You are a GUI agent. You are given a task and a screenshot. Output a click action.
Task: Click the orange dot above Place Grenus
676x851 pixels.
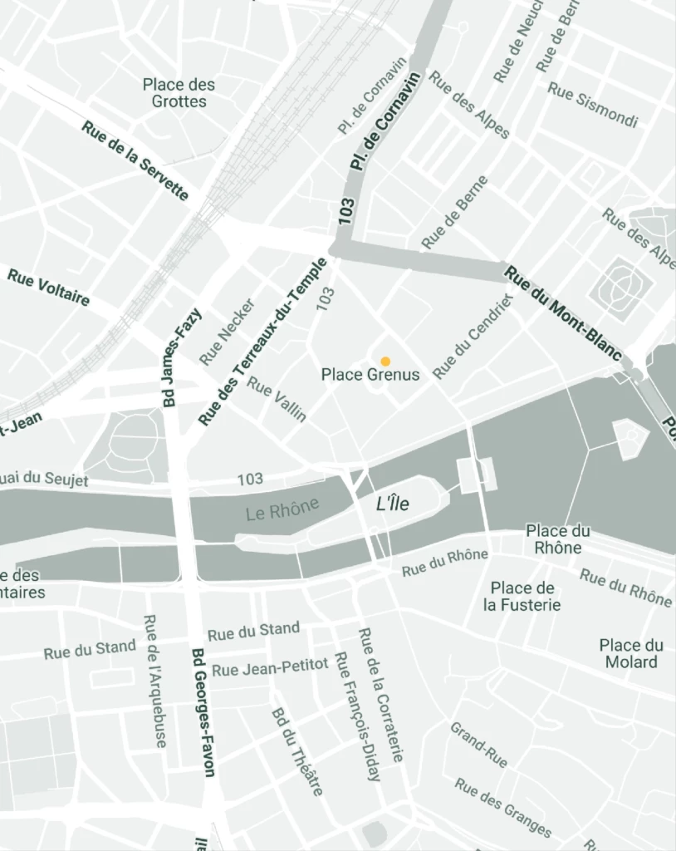pyautogui.click(x=385, y=361)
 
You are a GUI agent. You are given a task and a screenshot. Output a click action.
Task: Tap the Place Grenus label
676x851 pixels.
pyautogui.click(x=370, y=375)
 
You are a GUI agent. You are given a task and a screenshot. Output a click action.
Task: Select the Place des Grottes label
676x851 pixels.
pyautogui.click(x=179, y=93)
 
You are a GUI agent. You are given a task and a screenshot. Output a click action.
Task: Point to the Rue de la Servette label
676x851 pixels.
pyautogui.click(x=135, y=160)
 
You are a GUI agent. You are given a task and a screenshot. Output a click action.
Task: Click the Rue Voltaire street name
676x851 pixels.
pyautogui.click(x=48, y=287)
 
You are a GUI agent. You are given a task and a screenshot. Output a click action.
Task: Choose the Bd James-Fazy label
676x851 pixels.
pyautogui.click(x=182, y=357)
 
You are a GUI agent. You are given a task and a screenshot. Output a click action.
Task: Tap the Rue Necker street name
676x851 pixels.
pyautogui.click(x=227, y=332)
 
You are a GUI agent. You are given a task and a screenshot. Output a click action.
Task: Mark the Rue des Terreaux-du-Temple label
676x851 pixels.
pyautogui.click(x=263, y=342)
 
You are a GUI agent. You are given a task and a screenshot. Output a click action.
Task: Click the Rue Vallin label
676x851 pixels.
pyautogui.click(x=277, y=400)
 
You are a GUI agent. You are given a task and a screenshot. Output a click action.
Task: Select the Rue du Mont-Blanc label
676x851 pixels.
pyautogui.click(x=563, y=312)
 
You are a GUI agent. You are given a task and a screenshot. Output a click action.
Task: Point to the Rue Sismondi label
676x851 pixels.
pyautogui.click(x=593, y=105)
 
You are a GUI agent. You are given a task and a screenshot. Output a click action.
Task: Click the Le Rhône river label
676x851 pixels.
pyautogui.click(x=282, y=510)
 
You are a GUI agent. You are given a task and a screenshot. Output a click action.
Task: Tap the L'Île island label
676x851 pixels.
pyautogui.click(x=393, y=504)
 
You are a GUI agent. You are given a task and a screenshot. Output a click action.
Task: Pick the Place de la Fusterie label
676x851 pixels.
pyautogui.click(x=522, y=597)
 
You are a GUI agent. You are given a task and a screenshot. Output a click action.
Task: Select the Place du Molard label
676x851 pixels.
pyautogui.click(x=631, y=653)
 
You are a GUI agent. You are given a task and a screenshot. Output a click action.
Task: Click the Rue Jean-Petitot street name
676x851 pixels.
pyautogui.click(x=271, y=667)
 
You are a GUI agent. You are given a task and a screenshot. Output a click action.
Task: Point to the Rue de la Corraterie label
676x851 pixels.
pyautogui.click(x=380, y=695)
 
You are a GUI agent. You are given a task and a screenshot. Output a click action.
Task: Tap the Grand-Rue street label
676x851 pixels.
pyautogui.click(x=478, y=745)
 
